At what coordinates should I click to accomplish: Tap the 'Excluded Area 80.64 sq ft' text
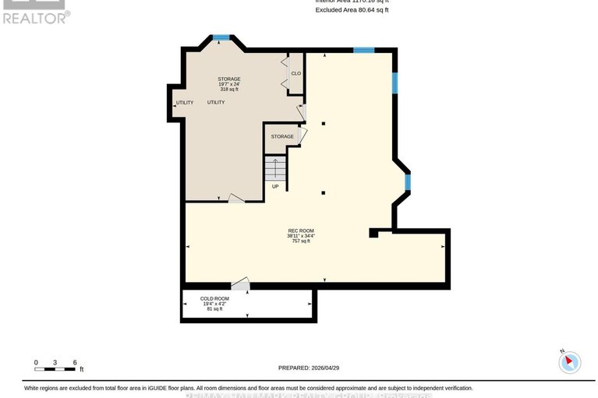(352, 9)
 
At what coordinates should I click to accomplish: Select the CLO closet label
(295, 74)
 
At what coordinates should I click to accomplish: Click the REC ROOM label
(301, 230)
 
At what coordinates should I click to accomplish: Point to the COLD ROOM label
(214, 298)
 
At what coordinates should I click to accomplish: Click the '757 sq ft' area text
(301, 241)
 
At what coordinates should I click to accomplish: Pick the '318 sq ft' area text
(228, 90)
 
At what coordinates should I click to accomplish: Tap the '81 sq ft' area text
(214, 309)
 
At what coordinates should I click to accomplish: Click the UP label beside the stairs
(275, 186)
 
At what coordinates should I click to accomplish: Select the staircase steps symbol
(275, 168)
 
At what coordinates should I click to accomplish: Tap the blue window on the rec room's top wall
(363, 51)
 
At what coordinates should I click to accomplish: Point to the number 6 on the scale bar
(75, 362)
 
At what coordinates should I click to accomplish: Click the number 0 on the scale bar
(36, 362)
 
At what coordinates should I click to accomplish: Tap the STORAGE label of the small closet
(282, 136)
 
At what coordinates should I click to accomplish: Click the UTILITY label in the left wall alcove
(184, 102)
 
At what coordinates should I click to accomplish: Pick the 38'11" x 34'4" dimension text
(301, 235)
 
